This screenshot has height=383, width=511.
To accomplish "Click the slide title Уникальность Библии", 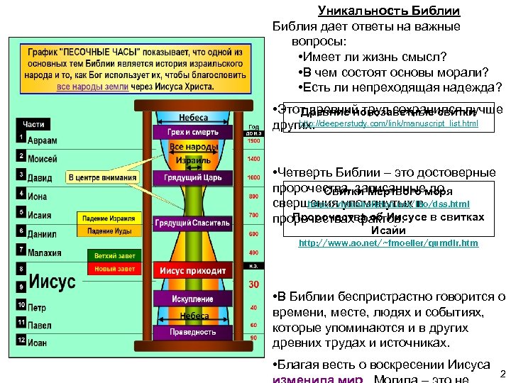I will tap(389, 11).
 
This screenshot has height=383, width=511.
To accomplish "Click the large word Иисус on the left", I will tap(52, 282).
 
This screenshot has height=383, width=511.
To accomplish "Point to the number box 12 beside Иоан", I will tap(21, 340).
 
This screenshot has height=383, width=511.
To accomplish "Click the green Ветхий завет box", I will tap(111, 255).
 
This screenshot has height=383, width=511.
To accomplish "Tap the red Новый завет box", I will tap(111, 269).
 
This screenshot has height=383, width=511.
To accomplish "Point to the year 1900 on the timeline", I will tap(253, 140).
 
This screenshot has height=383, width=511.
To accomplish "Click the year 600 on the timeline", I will tap(253, 233).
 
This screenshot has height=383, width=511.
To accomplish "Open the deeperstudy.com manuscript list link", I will tap(388, 124).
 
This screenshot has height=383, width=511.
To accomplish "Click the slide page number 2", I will tap(502, 374).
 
